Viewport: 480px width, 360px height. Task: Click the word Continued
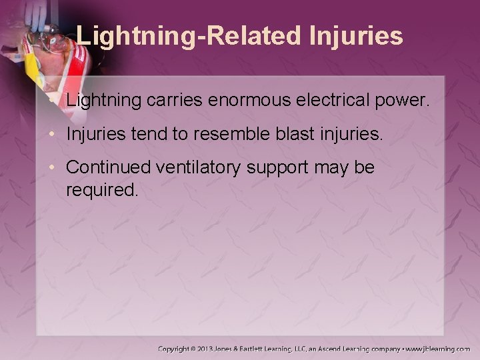(109, 168)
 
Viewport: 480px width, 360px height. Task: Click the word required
(101, 191)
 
